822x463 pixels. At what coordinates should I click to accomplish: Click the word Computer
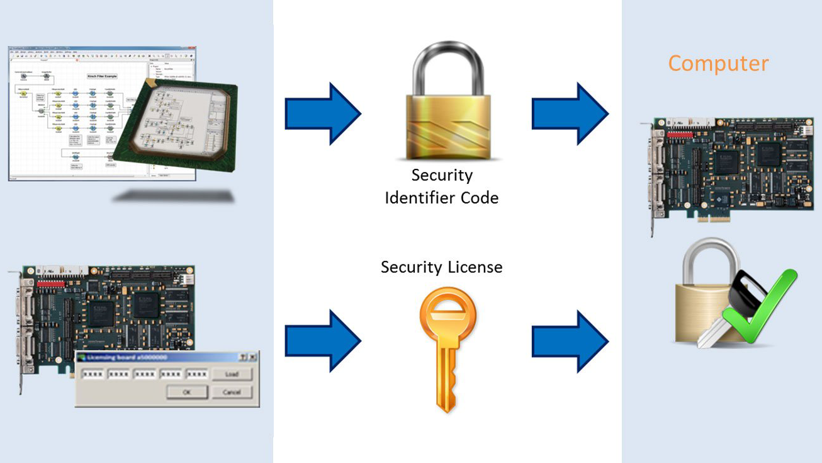tap(718, 64)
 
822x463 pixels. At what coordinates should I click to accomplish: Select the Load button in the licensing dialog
tap(232, 374)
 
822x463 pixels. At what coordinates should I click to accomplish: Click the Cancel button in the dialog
tap(232, 392)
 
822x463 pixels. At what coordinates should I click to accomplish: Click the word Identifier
tap(419, 198)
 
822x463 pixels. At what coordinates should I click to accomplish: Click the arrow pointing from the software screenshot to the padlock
tap(322, 113)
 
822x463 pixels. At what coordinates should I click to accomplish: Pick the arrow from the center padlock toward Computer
tap(570, 113)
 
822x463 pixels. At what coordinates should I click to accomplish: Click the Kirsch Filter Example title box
tap(102, 76)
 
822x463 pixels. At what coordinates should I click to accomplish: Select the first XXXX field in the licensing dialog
tap(92, 374)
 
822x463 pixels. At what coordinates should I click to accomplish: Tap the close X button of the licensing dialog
tap(252, 357)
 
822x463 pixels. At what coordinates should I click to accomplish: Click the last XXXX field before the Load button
tap(197, 374)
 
